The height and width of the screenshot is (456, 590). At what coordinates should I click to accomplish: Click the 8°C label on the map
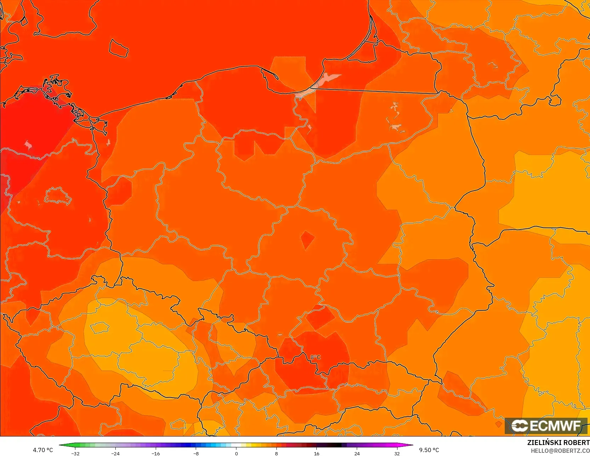[315, 357]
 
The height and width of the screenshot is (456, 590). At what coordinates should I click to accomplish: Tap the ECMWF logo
[546, 426]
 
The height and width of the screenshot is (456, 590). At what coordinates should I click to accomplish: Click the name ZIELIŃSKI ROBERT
[558, 443]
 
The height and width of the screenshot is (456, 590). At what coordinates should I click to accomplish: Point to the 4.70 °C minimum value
[43, 450]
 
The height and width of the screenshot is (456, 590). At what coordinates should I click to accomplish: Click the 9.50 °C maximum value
[429, 450]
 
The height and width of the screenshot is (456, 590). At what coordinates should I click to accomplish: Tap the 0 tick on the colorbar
[236, 454]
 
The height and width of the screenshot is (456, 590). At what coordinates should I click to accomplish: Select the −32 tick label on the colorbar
[75, 454]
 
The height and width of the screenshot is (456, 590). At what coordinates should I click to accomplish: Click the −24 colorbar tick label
[115, 454]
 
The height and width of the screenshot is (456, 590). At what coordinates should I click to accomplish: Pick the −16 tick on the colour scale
[156, 454]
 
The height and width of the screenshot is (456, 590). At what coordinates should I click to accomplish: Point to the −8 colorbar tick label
[196, 454]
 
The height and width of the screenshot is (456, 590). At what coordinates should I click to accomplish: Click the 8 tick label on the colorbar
[276, 454]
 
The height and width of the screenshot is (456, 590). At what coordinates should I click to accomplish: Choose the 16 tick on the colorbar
[317, 454]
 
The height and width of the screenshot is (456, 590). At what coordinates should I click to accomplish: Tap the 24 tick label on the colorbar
[357, 454]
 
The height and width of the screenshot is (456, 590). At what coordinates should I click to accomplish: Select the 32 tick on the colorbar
[397, 454]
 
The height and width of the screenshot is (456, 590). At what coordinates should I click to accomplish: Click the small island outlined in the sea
[118, 48]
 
